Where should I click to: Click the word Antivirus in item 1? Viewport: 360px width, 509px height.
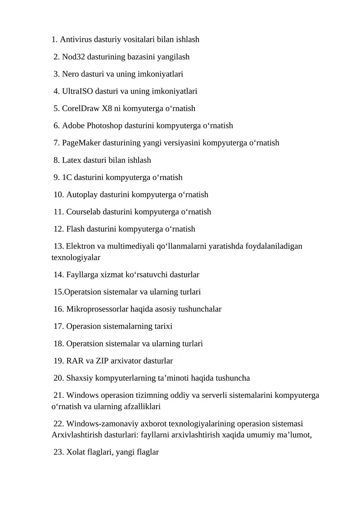tap(76, 40)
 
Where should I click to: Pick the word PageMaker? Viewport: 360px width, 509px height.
tap(81, 143)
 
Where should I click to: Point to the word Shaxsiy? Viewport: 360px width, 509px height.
tap(80, 378)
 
